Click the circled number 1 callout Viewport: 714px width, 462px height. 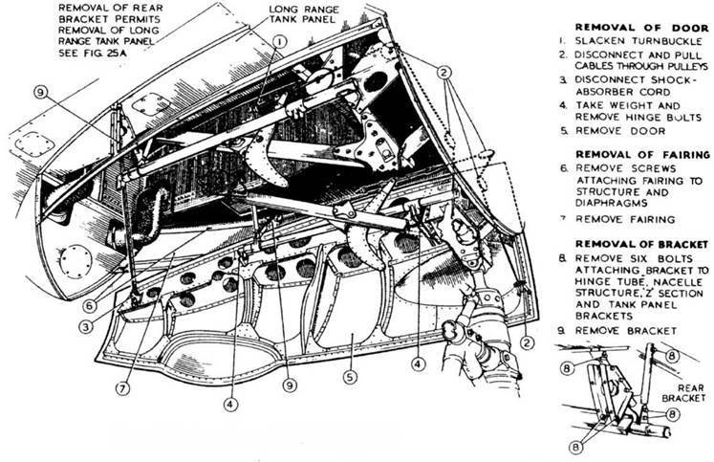coord(277,41)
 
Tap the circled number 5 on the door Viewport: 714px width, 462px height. coord(350,377)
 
